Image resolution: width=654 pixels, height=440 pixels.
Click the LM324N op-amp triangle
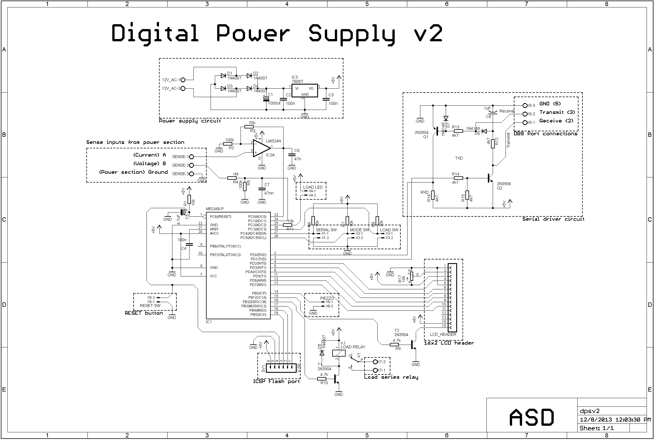tap(261, 148)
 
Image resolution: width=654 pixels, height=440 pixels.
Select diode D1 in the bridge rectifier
tap(223, 75)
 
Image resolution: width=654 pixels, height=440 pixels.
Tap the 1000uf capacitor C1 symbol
tap(266, 99)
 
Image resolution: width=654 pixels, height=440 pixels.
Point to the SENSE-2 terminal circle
tap(191, 165)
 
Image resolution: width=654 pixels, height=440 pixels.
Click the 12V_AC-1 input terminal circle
tap(183, 80)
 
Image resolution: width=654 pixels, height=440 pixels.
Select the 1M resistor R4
tap(232, 178)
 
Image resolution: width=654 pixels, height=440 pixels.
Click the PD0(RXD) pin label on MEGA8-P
tap(258, 255)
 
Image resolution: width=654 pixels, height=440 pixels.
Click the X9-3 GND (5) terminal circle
tap(525, 105)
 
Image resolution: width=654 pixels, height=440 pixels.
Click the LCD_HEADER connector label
tap(443, 334)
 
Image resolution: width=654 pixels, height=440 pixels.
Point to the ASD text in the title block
tap(531, 417)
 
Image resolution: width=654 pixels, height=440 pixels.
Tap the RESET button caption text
tap(144, 313)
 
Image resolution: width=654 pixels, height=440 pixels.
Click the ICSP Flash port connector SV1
tap(280, 369)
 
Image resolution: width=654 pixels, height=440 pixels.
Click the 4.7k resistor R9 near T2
tap(394, 345)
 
